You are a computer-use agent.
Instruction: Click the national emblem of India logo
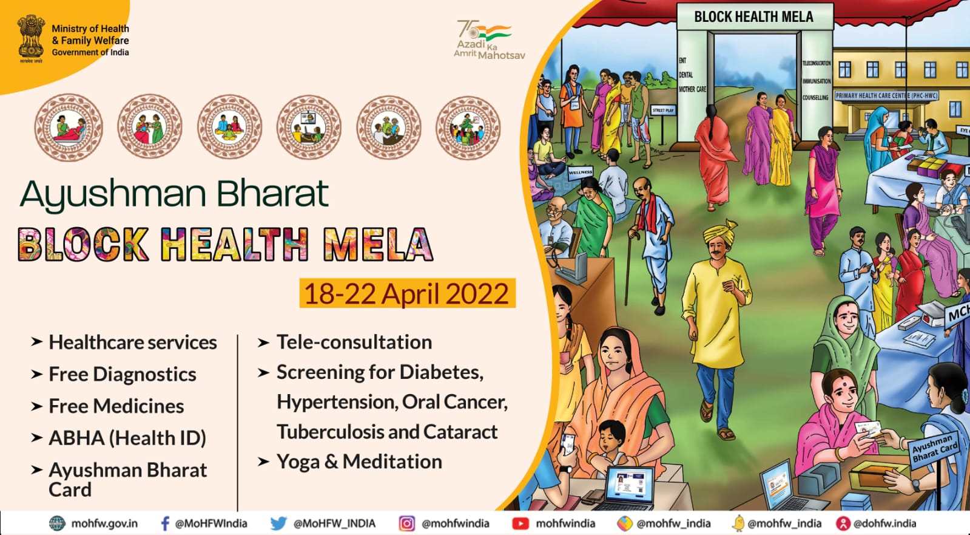point(30,38)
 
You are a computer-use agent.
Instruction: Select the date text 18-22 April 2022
point(406,294)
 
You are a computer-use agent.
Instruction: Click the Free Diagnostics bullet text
point(122,374)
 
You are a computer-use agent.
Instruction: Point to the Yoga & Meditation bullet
point(359,462)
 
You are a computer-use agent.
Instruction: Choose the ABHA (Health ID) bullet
point(127,438)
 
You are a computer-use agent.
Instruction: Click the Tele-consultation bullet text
point(354,342)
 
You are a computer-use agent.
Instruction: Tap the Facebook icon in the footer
point(164,523)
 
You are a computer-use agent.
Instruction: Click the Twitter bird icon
point(278,523)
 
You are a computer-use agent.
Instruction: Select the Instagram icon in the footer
point(407,523)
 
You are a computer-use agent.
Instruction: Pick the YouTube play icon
point(520,523)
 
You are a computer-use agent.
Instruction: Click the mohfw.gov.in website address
point(104,523)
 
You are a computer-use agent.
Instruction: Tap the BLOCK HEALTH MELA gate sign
point(753,17)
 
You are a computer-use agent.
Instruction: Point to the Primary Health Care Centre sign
point(886,95)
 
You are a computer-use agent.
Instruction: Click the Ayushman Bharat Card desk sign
point(934,448)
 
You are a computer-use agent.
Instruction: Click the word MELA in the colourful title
point(377,244)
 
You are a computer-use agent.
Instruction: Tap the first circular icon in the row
point(68,127)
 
